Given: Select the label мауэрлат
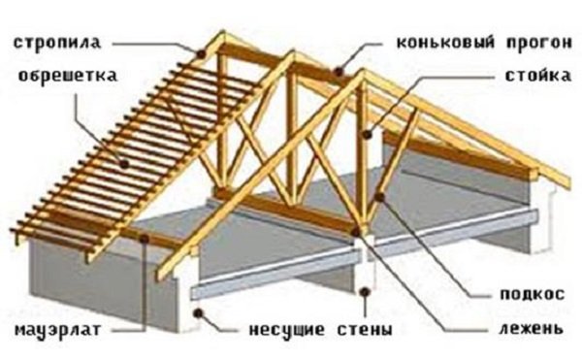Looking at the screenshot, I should click(x=48, y=328).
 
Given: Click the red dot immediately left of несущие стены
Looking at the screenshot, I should click(x=201, y=312).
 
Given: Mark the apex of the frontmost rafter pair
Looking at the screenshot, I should click(x=361, y=73).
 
